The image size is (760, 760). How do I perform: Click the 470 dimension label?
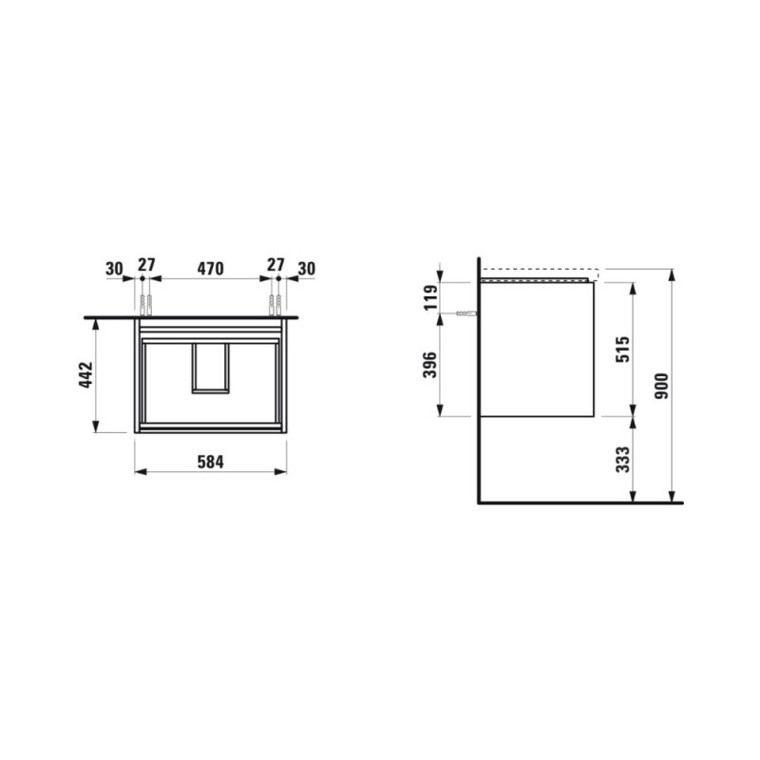pyautogui.click(x=210, y=269)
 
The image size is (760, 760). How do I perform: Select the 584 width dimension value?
pyautogui.click(x=210, y=463)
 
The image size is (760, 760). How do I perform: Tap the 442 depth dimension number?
pyautogui.click(x=85, y=374)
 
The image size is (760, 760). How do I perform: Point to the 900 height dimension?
pyautogui.click(x=661, y=386)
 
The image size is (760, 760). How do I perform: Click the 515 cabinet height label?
pyautogui.click(x=622, y=349)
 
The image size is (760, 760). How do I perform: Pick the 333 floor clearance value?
pyautogui.click(x=622, y=460)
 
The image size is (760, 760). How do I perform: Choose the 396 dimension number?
pyautogui.click(x=430, y=365)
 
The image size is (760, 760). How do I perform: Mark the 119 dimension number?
pyautogui.click(x=430, y=297)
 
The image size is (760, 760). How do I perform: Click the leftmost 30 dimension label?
pyautogui.click(x=115, y=269)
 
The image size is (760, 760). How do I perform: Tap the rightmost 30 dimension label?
pyautogui.click(x=306, y=269)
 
